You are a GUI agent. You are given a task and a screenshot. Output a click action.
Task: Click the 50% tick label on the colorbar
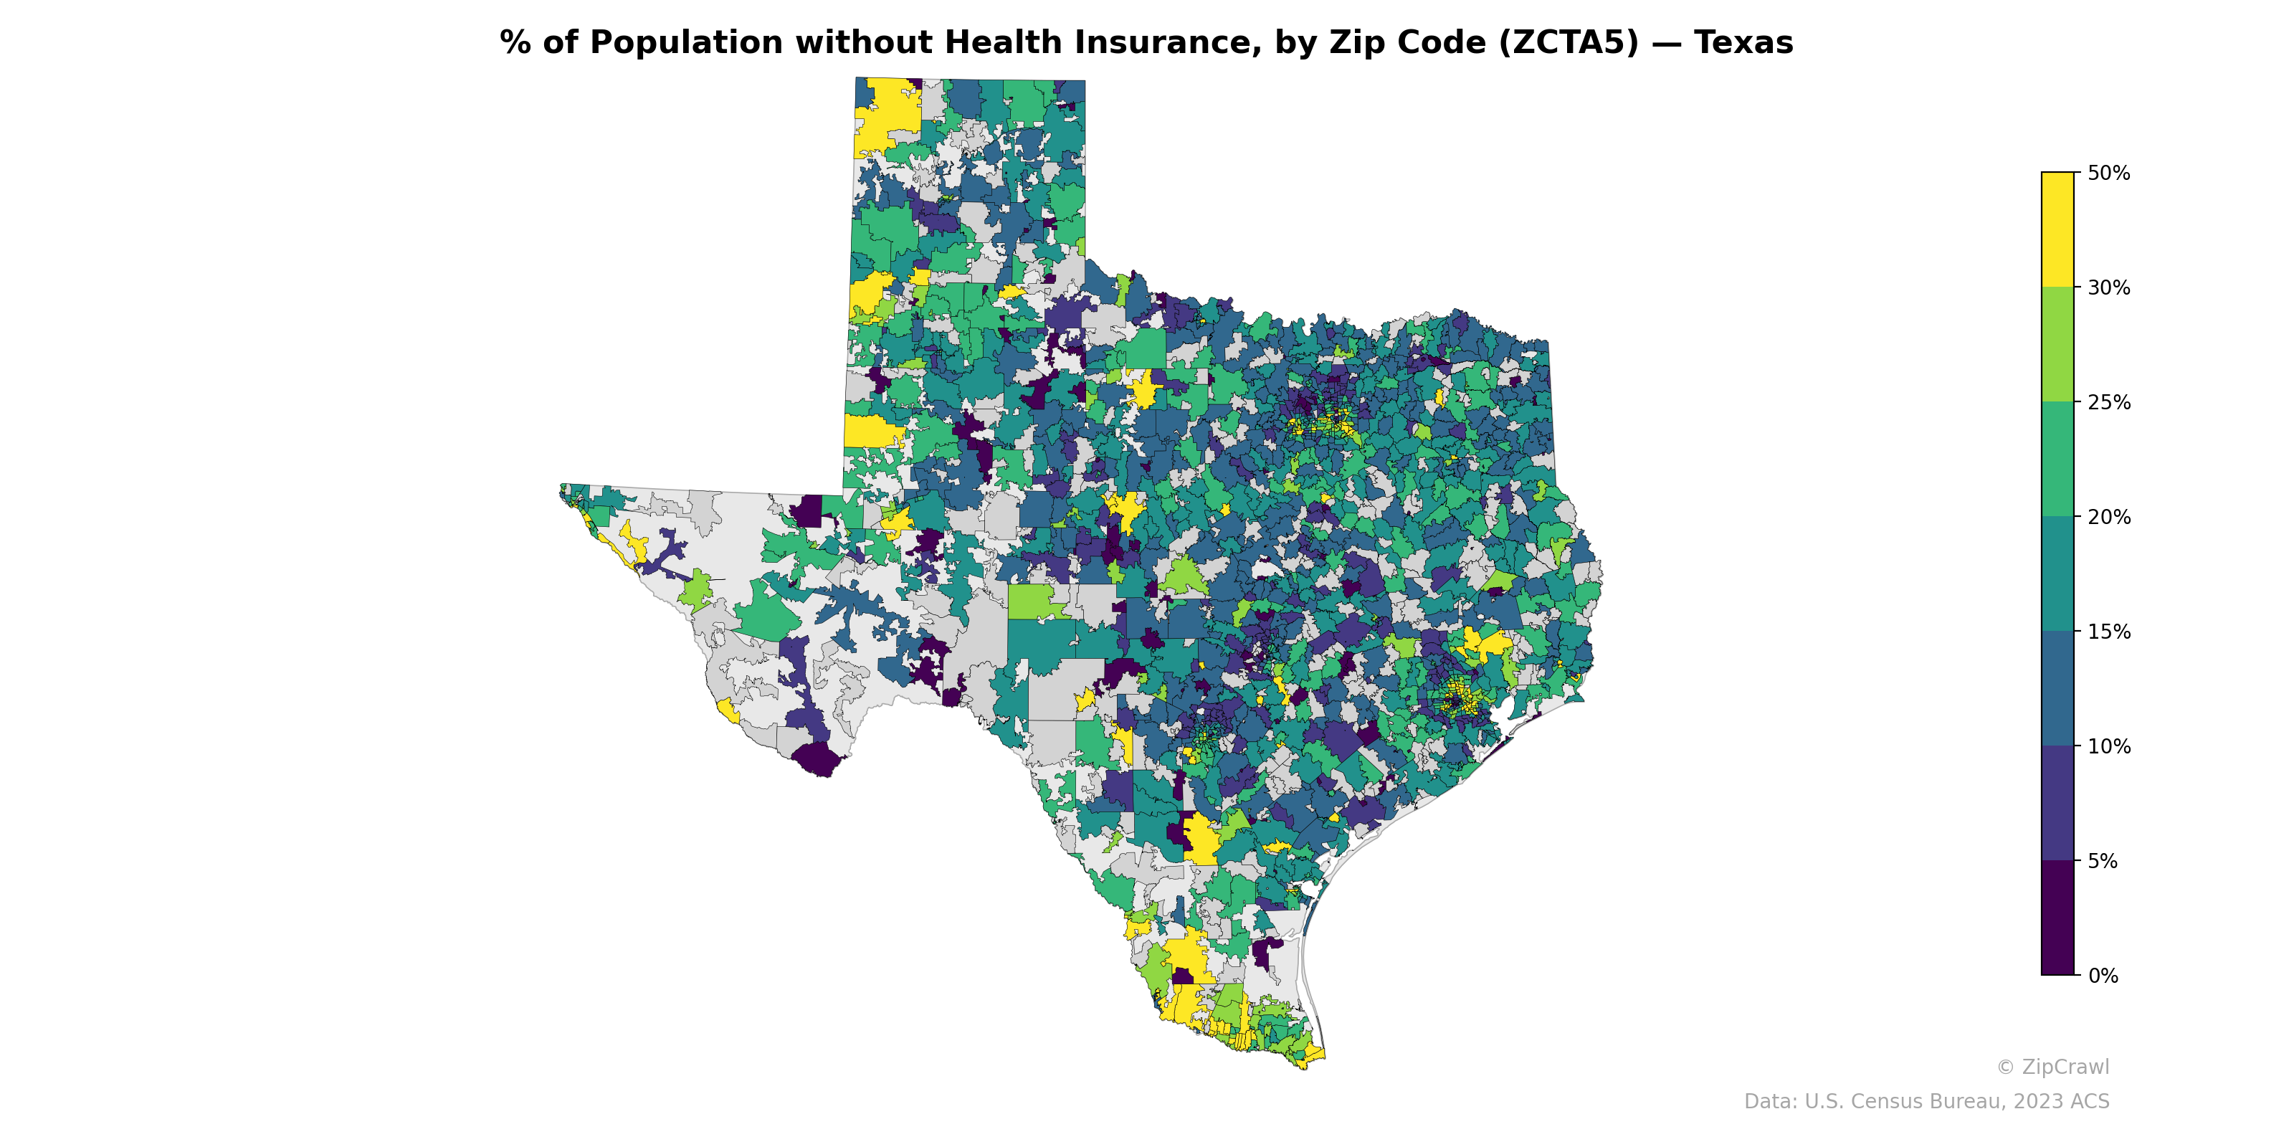(x=2108, y=173)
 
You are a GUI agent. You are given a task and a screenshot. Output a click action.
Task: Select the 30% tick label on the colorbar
(x=2108, y=287)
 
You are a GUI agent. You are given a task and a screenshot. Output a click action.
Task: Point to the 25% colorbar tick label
(x=2108, y=402)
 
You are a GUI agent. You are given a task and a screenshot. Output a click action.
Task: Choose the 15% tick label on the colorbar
(x=2108, y=632)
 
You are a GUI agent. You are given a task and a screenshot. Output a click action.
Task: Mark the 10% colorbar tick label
(x=2108, y=747)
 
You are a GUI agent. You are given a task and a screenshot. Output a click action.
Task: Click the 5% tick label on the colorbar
(x=2103, y=861)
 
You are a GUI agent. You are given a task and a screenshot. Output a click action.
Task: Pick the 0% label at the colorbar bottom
(x=2103, y=976)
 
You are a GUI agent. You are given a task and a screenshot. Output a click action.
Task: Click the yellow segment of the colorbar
(x=2057, y=229)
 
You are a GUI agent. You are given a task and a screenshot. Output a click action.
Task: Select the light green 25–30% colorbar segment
(x=2057, y=345)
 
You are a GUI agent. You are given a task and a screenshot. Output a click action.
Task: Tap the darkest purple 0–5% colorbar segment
(x=2057, y=918)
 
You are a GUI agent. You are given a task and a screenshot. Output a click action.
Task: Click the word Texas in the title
(x=1743, y=43)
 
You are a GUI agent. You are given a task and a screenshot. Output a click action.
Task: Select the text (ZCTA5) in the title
(x=1569, y=43)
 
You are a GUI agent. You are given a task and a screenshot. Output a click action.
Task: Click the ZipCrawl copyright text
(x=2052, y=1067)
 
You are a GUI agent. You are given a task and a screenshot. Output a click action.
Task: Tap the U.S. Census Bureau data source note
(x=1926, y=1102)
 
